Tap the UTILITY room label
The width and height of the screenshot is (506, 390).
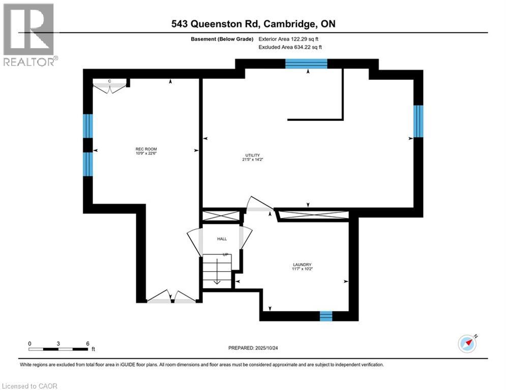coord(252,155)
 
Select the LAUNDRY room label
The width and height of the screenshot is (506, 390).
coord(302,265)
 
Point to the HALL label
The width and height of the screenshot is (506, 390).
coord(222,239)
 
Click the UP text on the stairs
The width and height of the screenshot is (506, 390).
coord(225,254)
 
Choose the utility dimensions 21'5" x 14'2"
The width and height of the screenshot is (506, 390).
coord(252,159)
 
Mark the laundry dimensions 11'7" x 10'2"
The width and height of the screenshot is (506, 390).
coord(302,269)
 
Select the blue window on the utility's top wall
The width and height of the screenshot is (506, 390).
coord(306,63)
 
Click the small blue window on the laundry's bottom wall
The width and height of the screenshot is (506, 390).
coord(325,316)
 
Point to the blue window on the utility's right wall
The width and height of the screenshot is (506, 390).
coord(418,121)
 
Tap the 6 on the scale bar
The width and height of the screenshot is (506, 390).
coord(88,343)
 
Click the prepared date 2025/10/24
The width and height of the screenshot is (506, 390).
coord(267,348)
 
